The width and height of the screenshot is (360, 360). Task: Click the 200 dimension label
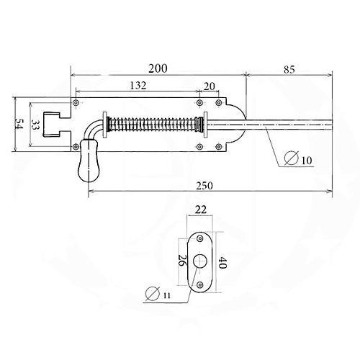[x=158, y=68]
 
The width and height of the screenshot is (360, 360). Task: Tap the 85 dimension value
[x=289, y=69]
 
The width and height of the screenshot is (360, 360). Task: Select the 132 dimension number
[x=138, y=86]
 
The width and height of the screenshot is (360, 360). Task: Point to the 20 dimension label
[x=210, y=86]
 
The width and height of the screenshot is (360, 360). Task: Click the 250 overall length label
[x=204, y=186]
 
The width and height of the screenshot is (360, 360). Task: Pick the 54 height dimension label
[x=19, y=124]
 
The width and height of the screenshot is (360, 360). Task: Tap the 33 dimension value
[x=35, y=125]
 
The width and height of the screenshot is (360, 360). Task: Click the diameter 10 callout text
[x=298, y=159]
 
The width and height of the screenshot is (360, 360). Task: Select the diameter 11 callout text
[x=158, y=294]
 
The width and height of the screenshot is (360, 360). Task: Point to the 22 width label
[x=201, y=210]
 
